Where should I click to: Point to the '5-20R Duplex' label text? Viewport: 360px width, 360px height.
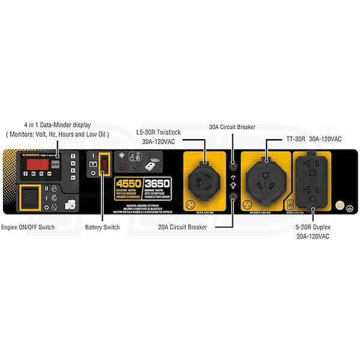pyautogui.click(x=313, y=227)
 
